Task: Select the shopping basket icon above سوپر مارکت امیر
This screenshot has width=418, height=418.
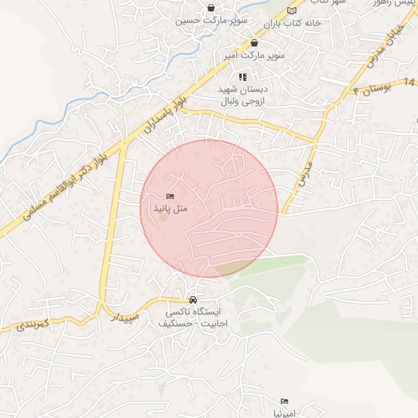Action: [x=254, y=43]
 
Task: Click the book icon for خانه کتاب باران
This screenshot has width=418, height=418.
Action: [x=291, y=11]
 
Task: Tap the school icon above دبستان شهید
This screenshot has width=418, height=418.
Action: [x=242, y=77]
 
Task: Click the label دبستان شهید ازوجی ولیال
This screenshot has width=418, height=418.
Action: [x=242, y=96]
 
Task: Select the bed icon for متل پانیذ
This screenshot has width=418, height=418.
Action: [x=170, y=197]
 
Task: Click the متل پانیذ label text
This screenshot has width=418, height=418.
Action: [x=170, y=209]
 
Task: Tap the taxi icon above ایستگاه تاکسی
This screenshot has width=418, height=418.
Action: [x=193, y=299]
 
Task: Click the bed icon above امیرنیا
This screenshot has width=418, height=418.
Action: [x=284, y=401]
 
